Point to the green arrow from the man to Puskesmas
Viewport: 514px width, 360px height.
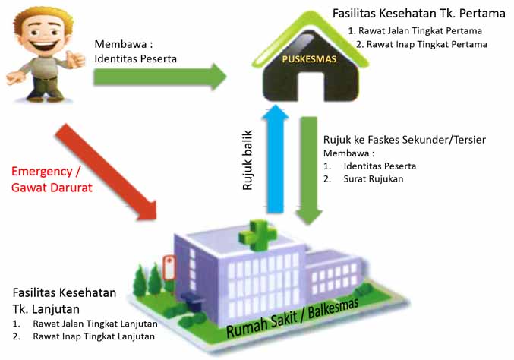pyautogui.click(x=159, y=76)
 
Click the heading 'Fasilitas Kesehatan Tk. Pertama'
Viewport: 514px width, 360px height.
pyautogui.click(x=419, y=13)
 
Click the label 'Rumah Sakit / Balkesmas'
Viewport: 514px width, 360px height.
pyautogui.click(x=292, y=316)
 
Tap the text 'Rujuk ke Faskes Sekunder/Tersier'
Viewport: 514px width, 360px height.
pyautogui.click(x=405, y=140)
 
